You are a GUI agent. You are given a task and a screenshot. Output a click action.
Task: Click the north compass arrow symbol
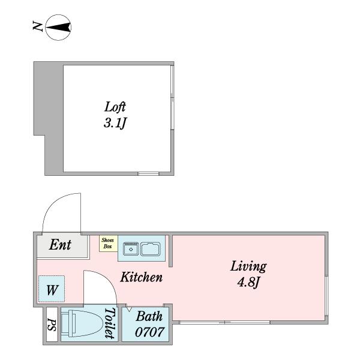[x=58, y=28]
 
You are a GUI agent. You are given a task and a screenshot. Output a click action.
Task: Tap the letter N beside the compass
[x=37, y=26]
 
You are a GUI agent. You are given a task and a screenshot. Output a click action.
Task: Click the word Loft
[x=115, y=107]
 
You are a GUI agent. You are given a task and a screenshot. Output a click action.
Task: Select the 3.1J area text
[x=115, y=123]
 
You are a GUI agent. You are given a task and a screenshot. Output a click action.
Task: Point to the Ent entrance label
[x=60, y=244]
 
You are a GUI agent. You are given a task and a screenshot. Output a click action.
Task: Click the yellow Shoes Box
[x=109, y=244]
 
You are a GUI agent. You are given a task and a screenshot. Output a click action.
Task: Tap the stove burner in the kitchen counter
[x=131, y=249]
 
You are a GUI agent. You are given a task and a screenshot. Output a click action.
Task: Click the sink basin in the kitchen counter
[x=151, y=249]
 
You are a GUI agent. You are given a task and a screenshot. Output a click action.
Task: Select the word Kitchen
[x=142, y=277]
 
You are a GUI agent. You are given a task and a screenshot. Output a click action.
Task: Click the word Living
[x=248, y=266]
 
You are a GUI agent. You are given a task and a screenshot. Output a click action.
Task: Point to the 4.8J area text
[x=248, y=282]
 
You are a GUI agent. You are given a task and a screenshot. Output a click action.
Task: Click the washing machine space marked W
[x=52, y=289]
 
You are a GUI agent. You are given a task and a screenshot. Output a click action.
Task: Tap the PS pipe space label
[x=52, y=325]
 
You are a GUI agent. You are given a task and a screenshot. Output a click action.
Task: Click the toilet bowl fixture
[x=82, y=323]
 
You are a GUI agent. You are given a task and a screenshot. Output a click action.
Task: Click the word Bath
[x=149, y=316]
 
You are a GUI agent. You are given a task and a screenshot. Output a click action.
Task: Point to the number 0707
[x=149, y=332]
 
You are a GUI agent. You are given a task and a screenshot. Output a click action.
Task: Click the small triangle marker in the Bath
[x=129, y=309]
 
